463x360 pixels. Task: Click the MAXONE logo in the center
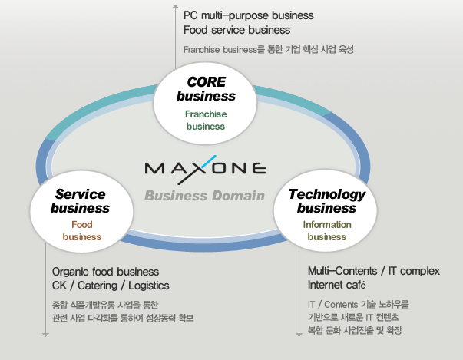[x=205, y=170]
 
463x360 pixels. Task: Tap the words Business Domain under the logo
[x=204, y=196]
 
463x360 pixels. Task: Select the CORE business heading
[x=206, y=89]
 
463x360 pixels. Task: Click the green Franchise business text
[x=206, y=120]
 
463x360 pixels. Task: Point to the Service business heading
[x=80, y=201]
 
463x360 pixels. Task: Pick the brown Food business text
[x=82, y=230]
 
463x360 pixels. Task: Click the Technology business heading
[x=326, y=201]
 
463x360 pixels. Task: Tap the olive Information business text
[x=327, y=230]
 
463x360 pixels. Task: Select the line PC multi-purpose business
[x=248, y=15]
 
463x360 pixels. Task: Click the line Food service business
[x=236, y=30]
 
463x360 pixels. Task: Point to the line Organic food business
[x=105, y=272]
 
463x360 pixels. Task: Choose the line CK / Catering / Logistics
[x=111, y=286]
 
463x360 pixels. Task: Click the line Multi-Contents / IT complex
[x=374, y=271]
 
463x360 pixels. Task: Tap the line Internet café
[x=336, y=285]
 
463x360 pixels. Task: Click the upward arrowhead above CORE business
[x=175, y=6]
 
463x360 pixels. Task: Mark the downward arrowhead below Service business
[x=45, y=335]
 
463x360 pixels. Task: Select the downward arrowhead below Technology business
[x=299, y=335]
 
